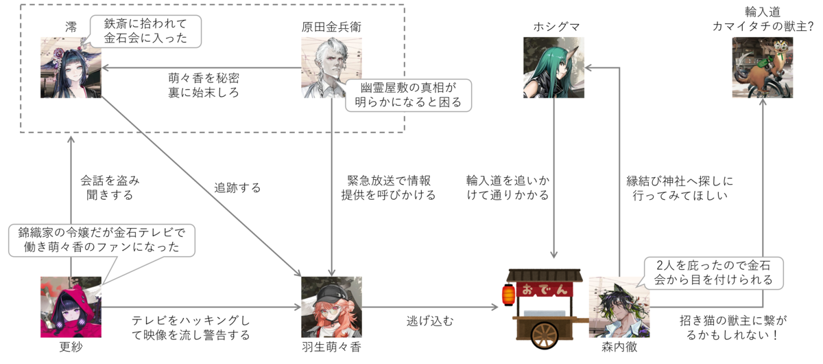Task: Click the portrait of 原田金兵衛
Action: point(331,67)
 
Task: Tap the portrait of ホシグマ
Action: point(553,67)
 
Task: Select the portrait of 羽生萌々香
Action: point(331,307)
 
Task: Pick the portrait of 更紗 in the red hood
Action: point(71,307)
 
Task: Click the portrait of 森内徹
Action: point(619,307)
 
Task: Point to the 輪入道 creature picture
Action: point(763,67)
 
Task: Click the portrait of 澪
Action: point(71,67)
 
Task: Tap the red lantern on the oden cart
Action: point(508,295)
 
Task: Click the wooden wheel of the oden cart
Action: point(545,335)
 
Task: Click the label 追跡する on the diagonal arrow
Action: point(237,187)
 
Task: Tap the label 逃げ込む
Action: point(430,321)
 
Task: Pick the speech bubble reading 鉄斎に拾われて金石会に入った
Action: point(146,32)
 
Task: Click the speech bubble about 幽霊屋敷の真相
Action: point(408,95)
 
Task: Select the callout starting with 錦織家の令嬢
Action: point(102,240)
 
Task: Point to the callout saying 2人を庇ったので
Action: point(713,273)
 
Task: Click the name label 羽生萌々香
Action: point(331,347)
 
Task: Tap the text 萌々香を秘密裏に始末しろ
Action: point(204,85)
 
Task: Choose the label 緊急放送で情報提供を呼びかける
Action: point(388,187)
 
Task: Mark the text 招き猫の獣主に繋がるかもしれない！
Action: point(733,328)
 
